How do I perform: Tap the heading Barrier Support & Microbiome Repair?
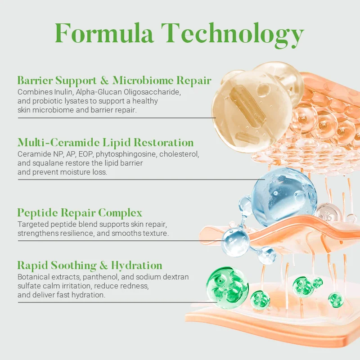[x=114, y=81]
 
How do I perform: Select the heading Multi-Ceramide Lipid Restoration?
[x=106, y=143]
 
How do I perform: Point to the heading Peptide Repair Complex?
[x=80, y=212]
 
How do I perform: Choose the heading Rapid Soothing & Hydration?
[x=90, y=265]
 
